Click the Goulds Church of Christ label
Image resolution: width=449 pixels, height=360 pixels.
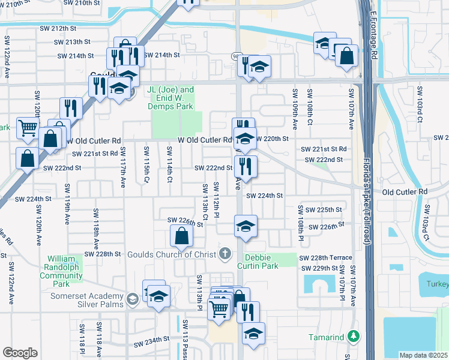coord(171,254)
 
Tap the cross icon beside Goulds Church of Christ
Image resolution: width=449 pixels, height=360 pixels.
coord(225,253)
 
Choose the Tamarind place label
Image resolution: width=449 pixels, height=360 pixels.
coord(328,337)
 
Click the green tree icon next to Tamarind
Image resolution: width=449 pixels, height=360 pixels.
coord(357,336)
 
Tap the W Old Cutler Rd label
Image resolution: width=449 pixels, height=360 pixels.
coord(205,140)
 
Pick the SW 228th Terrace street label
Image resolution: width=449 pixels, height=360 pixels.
coord(326,257)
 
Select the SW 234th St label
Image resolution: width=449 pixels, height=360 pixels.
coord(153,343)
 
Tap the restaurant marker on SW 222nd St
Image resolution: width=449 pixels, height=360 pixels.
coord(246,166)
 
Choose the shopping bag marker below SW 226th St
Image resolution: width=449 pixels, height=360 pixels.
coord(181,236)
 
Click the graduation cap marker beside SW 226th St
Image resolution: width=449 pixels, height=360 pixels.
coord(245,226)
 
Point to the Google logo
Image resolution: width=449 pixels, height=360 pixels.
coord(20,353)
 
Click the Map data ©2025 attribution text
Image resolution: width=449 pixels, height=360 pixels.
coord(423,355)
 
